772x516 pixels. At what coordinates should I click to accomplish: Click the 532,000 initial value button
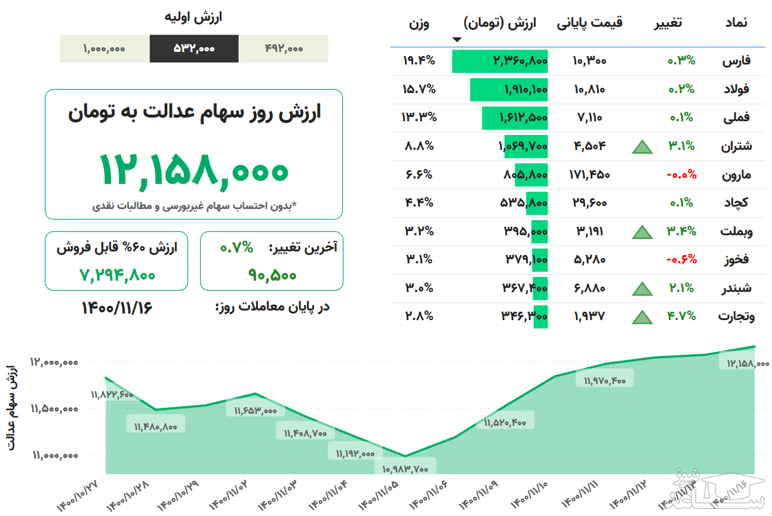click(194, 49)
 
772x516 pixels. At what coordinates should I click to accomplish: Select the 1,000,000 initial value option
click(104, 49)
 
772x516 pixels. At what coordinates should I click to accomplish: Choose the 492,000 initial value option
click(284, 49)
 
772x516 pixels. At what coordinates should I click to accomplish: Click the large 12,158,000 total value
click(193, 169)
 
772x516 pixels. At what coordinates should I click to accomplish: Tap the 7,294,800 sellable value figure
click(117, 275)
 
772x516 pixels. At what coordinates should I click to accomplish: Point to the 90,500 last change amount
click(272, 275)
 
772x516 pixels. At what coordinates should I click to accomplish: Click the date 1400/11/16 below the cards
click(117, 308)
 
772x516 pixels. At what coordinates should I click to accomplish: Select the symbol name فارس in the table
click(737, 60)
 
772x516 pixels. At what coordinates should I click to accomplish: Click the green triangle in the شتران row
click(642, 146)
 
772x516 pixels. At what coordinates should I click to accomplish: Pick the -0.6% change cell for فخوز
click(682, 259)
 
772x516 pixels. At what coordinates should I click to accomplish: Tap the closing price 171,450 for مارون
click(590, 174)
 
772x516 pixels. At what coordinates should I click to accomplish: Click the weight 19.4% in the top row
click(419, 60)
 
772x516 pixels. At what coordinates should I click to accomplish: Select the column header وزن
click(419, 24)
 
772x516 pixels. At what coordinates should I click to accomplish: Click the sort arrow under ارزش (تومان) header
click(457, 40)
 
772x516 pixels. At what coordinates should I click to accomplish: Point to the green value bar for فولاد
click(509, 89)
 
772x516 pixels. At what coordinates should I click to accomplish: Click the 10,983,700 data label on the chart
click(404, 469)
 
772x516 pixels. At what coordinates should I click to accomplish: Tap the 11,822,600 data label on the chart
click(112, 395)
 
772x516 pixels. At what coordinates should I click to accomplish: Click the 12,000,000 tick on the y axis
click(54, 362)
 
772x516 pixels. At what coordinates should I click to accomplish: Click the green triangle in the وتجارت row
click(642, 317)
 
